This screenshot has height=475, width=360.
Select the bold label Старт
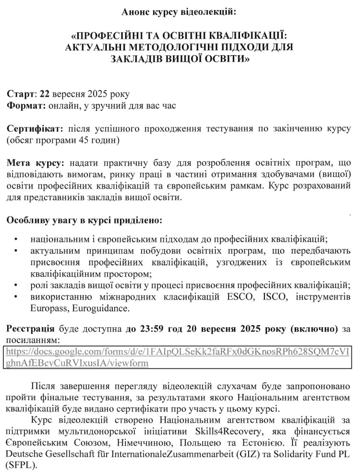tap(21, 94)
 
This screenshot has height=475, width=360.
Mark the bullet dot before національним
tap(17, 238)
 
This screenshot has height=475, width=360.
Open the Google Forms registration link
tap(178, 357)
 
